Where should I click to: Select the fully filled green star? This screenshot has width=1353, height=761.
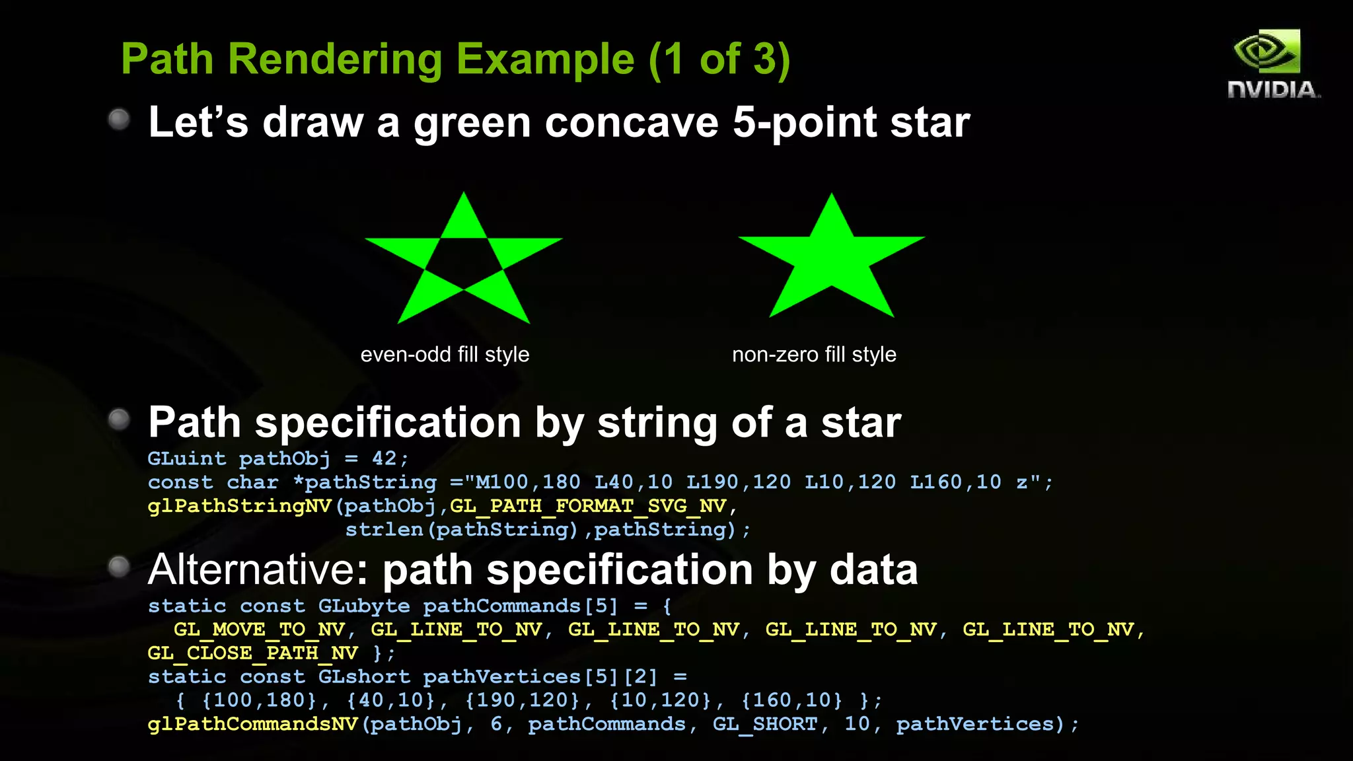click(x=831, y=258)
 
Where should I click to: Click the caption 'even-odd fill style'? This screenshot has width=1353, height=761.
click(x=445, y=355)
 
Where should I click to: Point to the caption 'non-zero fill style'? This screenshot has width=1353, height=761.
click(x=814, y=355)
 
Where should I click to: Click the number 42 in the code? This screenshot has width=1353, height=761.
click(x=384, y=458)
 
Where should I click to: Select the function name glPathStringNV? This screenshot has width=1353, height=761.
click(x=240, y=506)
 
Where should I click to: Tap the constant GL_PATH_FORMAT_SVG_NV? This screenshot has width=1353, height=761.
click(x=588, y=506)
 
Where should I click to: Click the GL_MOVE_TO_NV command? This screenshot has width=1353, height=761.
click(x=259, y=630)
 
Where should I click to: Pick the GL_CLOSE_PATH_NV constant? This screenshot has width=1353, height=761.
click(x=253, y=653)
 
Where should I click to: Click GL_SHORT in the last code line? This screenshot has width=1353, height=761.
click(x=765, y=724)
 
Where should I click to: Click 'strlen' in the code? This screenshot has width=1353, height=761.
click(x=384, y=530)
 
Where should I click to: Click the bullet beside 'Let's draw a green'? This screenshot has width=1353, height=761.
click(x=119, y=120)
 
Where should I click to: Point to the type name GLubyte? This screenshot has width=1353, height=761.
click(x=364, y=606)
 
